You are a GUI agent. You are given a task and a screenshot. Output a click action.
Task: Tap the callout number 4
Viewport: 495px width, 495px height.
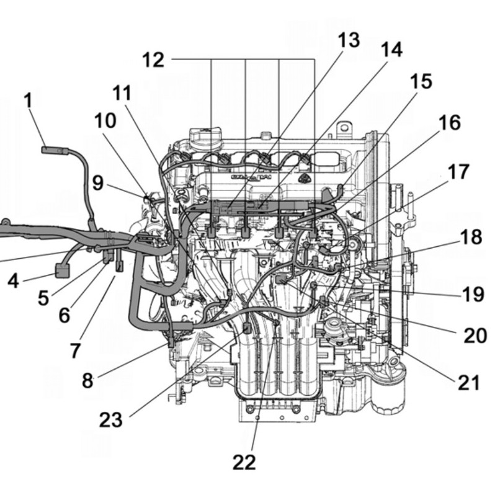coord(13,281)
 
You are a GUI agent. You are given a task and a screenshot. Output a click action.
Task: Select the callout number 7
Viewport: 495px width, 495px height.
coord(74,350)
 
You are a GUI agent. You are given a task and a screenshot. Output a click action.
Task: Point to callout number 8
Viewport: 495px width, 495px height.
coord(87,380)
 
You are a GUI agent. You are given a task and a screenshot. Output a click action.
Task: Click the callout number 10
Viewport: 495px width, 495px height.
coord(105,120)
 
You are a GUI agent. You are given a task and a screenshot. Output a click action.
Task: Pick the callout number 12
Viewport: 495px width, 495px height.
coord(153,60)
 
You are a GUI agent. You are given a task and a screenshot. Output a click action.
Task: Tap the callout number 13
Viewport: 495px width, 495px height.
coord(348,41)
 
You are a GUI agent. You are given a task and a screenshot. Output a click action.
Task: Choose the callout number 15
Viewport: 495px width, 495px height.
coord(421,81)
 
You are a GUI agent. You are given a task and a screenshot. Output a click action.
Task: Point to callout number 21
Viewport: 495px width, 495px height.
coord(468,383)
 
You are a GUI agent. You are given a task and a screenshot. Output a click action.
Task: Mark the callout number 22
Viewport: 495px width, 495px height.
coord(245,461)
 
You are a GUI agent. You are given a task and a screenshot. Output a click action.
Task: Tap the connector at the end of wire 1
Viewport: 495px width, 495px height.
coord(50,149)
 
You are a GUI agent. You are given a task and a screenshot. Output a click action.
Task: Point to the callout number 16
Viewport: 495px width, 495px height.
coord(450,123)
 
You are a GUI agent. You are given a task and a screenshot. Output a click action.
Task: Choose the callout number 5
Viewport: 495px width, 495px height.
coord(42,297)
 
